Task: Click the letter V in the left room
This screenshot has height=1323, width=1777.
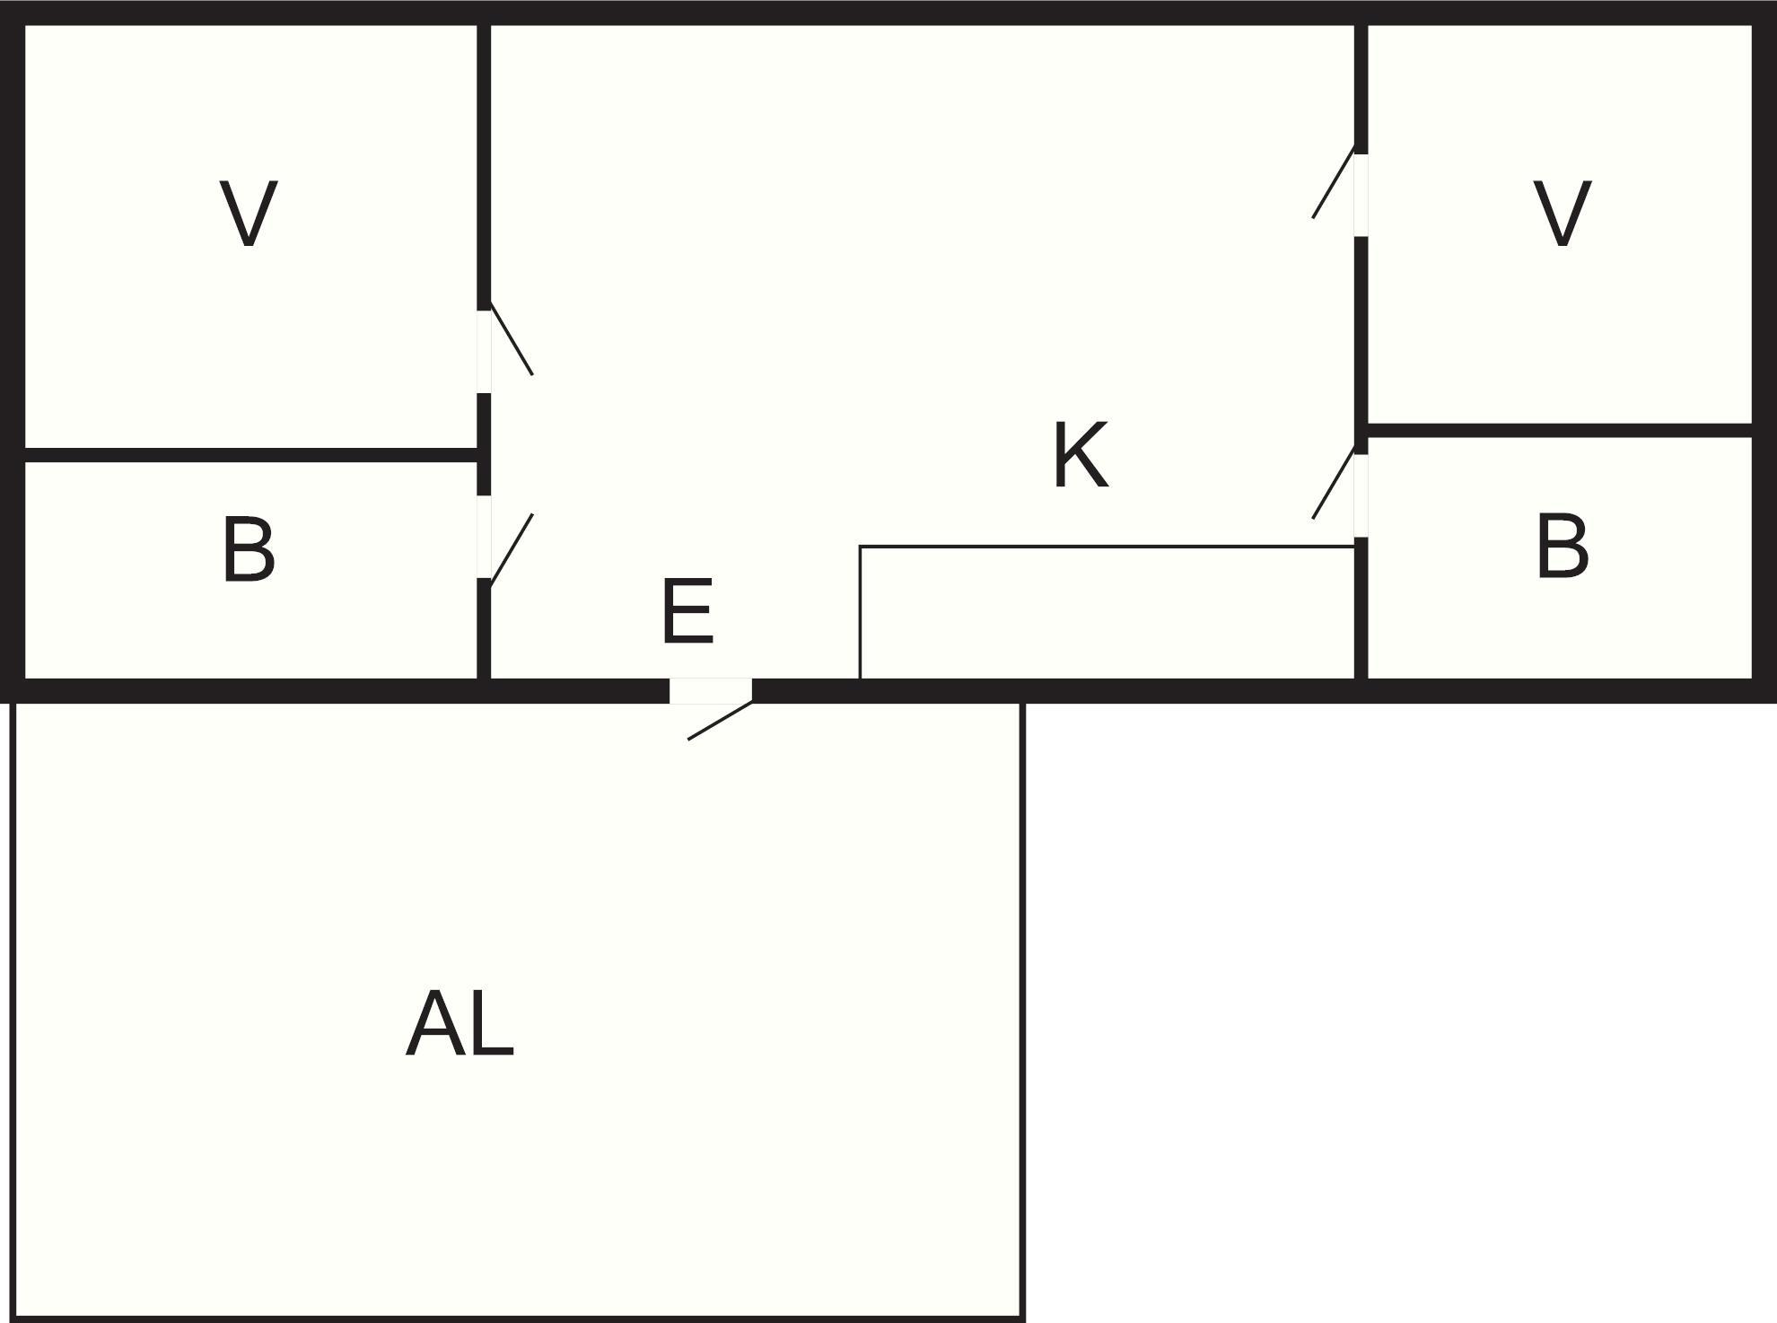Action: pos(249,214)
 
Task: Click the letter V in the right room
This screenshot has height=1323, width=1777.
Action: pos(1563,214)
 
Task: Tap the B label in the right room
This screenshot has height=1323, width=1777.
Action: pos(1563,546)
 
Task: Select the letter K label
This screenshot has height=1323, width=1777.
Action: pos(1080,456)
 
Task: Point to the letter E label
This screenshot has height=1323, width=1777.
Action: pos(687,612)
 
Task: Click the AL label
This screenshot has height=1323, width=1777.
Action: pos(460,1025)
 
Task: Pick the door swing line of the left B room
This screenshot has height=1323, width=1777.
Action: pos(512,550)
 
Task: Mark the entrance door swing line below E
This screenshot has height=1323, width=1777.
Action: pos(720,720)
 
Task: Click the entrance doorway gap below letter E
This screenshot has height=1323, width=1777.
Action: pos(710,691)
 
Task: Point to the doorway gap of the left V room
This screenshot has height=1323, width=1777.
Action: pos(484,352)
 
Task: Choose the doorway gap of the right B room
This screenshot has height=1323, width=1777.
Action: pos(1361,495)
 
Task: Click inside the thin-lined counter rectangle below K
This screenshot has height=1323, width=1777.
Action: pos(1106,612)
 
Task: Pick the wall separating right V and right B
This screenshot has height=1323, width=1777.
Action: pos(1560,431)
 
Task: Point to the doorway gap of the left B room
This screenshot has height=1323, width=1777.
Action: pos(484,537)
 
